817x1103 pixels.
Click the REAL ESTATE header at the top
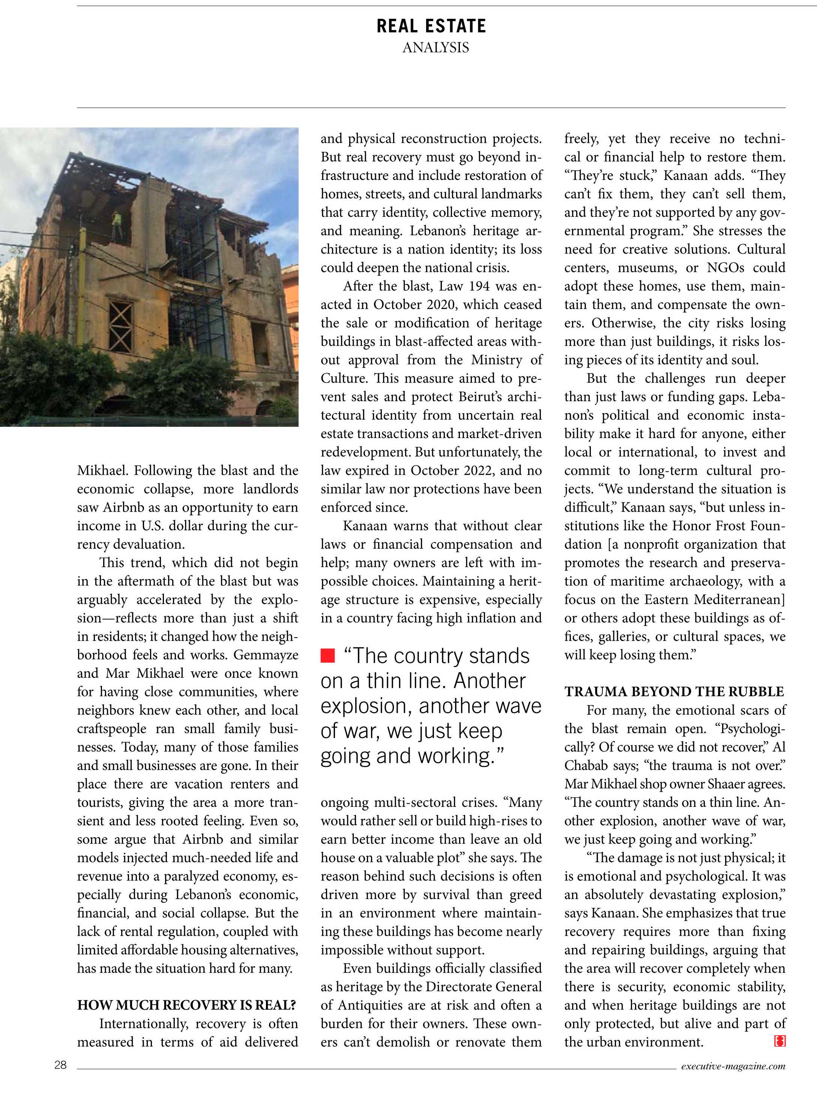tap(431, 26)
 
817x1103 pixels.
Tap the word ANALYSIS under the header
tap(435, 48)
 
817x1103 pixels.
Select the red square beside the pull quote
tap(327, 656)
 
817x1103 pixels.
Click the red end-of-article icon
tap(779, 1042)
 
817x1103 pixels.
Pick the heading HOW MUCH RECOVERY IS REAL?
tap(186, 1005)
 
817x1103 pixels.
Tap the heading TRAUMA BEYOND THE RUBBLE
tap(674, 692)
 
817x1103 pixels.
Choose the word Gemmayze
tap(266, 655)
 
